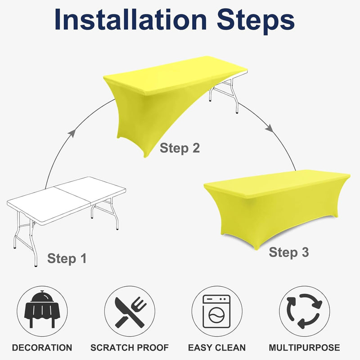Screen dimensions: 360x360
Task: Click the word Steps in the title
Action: [256, 22]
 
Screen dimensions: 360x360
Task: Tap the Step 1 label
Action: [67, 259]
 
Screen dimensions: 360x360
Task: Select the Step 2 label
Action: [180, 148]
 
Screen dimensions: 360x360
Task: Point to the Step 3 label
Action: [289, 252]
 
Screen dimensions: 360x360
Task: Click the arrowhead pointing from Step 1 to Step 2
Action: [72, 133]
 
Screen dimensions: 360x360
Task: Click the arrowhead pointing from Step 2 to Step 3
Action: [270, 128]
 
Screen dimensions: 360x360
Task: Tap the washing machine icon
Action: [216, 311]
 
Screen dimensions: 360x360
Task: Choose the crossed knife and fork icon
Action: [130, 312]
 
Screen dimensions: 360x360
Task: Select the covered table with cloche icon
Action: [42, 309]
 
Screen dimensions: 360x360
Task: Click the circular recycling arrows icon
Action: [305, 311]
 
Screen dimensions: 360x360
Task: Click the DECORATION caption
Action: [42, 347]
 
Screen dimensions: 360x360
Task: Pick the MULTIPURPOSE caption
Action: [305, 347]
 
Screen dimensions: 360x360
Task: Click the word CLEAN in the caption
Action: [230, 347]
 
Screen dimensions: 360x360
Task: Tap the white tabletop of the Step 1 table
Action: [66, 200]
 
